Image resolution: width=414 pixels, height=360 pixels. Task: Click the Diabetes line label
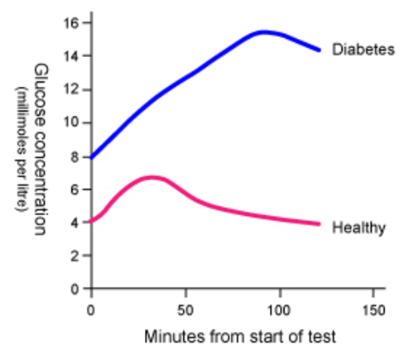[363, 50]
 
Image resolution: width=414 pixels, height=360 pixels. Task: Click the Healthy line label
[359, 228]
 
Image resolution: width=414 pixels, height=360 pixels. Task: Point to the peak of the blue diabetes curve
[262, 32]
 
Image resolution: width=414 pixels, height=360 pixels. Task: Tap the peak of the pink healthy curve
[152, 176]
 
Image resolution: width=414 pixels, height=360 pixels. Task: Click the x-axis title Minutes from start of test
[240, 337]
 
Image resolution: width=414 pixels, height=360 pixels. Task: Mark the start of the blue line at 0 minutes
[92, 156]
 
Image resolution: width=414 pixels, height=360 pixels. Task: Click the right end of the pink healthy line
[319, 223]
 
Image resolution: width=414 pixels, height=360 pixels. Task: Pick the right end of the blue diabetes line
[319, 50]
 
